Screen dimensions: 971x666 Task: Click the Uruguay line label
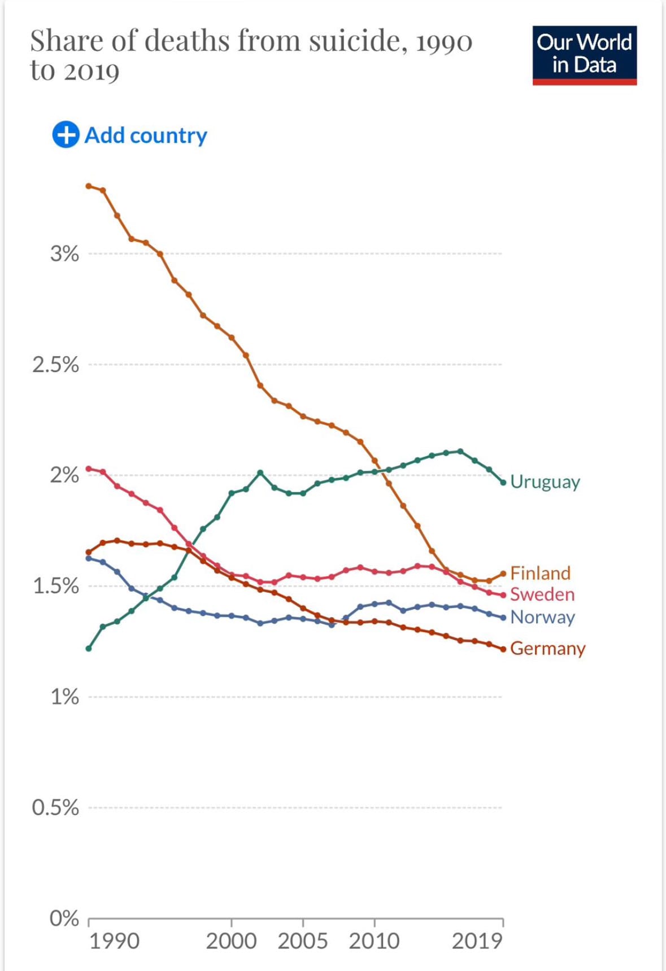click(545, 482)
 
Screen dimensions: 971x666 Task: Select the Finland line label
click(540, 573)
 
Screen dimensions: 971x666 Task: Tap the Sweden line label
click(542, 594)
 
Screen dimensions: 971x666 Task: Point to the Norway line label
click(542, 617)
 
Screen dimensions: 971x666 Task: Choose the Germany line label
click(547, 648)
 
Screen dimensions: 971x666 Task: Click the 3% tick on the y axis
click(64, 253)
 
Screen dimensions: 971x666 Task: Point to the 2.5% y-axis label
click(55, 365)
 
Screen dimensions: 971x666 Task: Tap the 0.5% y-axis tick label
click(55, 807)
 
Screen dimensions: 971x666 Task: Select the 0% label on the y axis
click(64, 918)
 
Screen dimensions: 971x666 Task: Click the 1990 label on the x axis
click(114, 941)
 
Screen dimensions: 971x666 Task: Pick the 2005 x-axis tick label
click(303, 941)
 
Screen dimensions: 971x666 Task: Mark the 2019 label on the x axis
click(477, 941)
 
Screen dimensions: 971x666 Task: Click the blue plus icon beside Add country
click(66, 135)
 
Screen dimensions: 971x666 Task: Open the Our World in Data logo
click(584, 55)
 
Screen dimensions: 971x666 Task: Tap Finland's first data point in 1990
click(89, 186)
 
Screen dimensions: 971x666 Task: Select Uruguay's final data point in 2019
click(503, 482)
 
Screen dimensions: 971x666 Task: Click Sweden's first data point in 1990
click(89, 469)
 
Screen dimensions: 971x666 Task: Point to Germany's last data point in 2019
click(503, 649)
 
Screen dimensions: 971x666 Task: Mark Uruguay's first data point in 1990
click(89, 648)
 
